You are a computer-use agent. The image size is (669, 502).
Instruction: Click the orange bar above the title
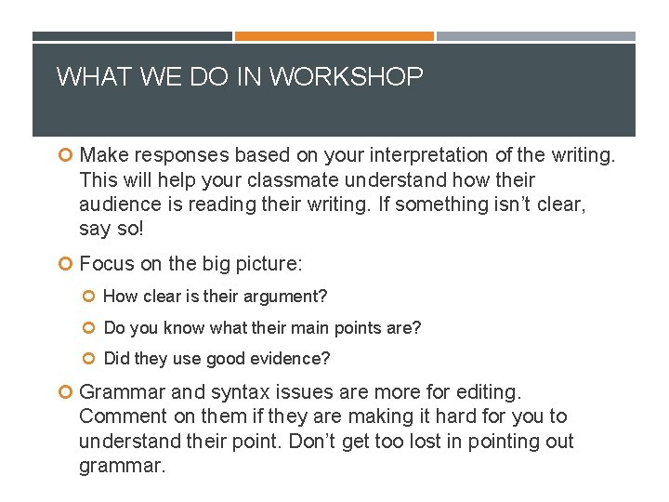(x=334, y=36)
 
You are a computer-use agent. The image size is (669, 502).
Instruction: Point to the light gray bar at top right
(x=535, y=36)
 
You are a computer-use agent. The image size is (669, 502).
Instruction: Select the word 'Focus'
(x=107, y=264)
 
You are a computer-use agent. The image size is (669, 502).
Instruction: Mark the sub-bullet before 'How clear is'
(x=91, y=297)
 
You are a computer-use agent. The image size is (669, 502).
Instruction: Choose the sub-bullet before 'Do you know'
(x=91, y=328)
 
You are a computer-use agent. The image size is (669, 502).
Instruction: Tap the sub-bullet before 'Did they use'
(x=91, y=359)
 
